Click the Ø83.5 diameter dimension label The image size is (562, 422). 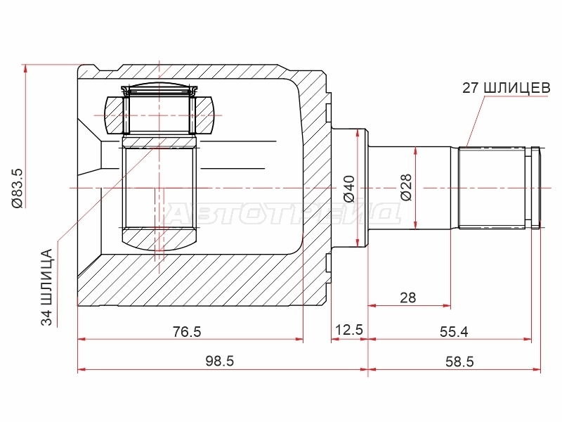tap(17, 188)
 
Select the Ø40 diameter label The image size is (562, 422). tap(348, 188)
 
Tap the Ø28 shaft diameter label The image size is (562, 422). tap(406, 188)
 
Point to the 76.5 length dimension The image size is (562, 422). tap(187, 331)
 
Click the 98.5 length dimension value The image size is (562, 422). tap(220, 361)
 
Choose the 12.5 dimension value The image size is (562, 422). tap(348, 329)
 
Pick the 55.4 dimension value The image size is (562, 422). tap(454, 332)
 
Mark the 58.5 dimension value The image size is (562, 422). tap(459, 362)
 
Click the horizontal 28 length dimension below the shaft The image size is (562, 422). tap(408, 298)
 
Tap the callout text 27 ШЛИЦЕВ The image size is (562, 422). tap(506, 88)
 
